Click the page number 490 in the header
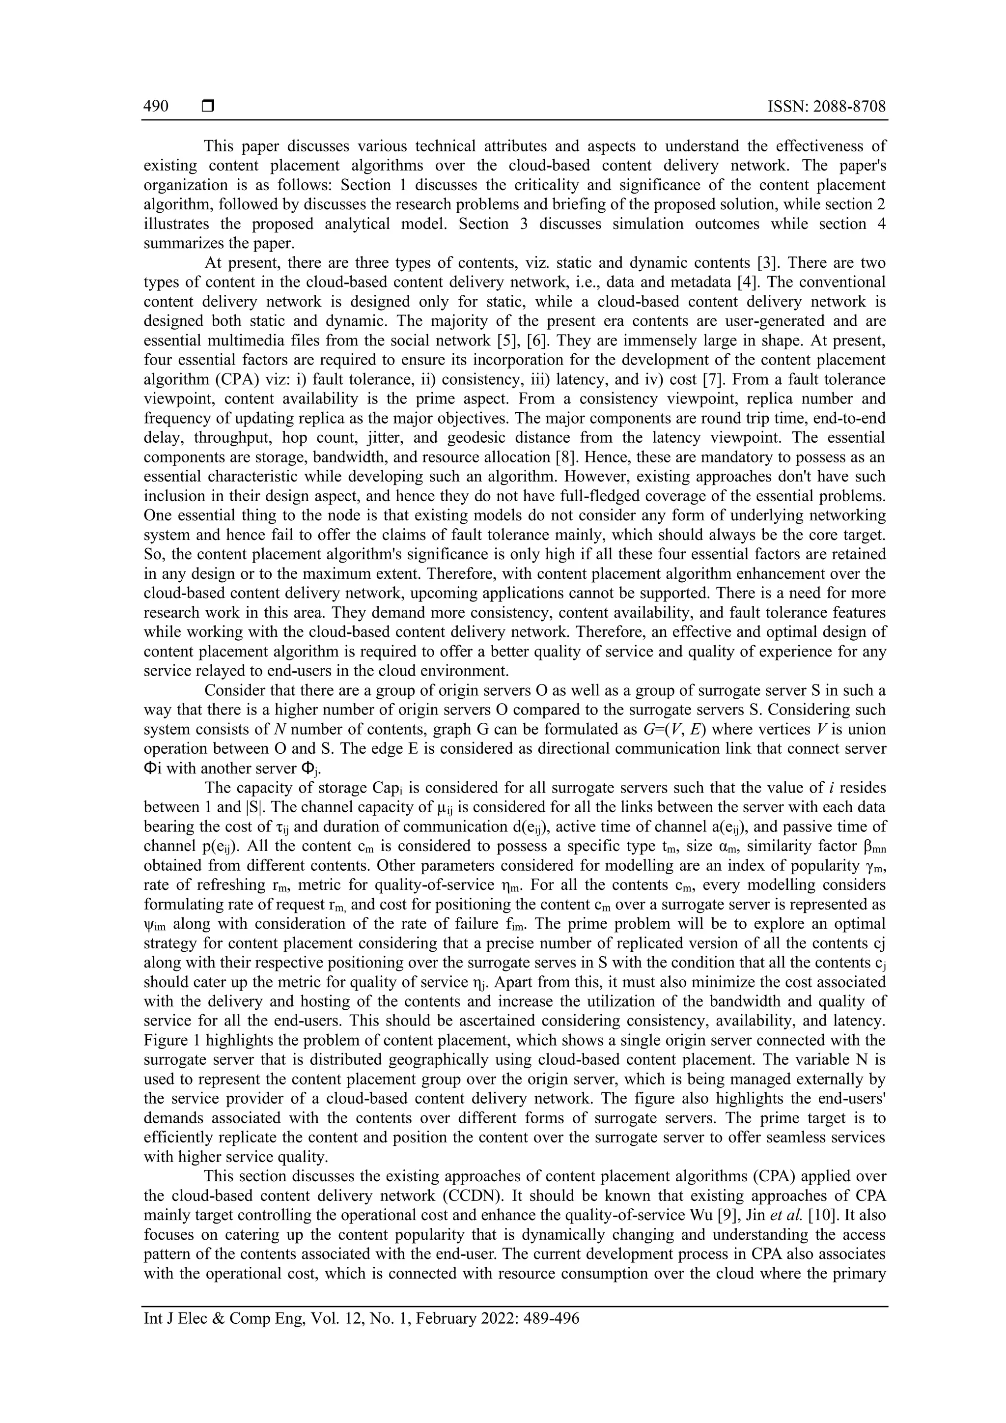coord(156,107)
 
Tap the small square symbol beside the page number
coord(207,107)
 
